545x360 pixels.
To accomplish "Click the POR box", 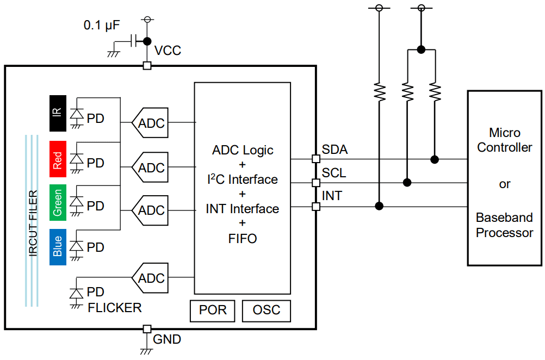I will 212,310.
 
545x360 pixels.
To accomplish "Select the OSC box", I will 267,310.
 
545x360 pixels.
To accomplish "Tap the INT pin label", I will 332,196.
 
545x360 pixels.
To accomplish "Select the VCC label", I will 168,51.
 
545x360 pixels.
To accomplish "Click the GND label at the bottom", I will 167,340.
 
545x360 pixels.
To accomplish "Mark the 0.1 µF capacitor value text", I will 102,25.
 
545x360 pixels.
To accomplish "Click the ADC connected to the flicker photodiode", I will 150,278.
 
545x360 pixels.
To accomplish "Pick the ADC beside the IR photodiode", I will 150,123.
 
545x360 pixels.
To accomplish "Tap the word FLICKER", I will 114,308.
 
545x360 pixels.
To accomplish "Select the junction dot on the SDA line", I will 434,159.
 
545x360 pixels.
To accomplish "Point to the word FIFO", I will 242,238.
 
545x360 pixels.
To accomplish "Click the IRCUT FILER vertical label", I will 33,223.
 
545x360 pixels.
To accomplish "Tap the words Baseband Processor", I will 504,225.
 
